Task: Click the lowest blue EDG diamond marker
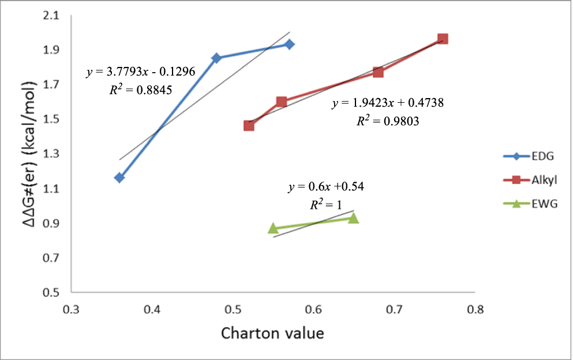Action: [119, 178]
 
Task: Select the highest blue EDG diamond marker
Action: [289, 44]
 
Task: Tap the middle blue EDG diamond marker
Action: [216, 58]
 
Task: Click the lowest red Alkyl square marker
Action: [249, 125]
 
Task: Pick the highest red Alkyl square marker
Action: [443, 39]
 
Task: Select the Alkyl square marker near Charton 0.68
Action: [378, 72]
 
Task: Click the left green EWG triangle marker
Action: [273, 228]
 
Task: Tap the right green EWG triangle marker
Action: [354, 217]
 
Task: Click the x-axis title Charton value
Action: [272, 333]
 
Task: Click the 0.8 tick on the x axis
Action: [475, 310]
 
